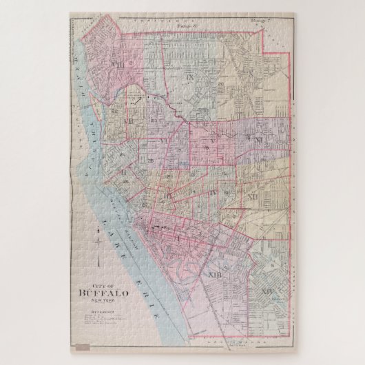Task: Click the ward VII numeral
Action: pyautogui.click(x=128, y=121)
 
